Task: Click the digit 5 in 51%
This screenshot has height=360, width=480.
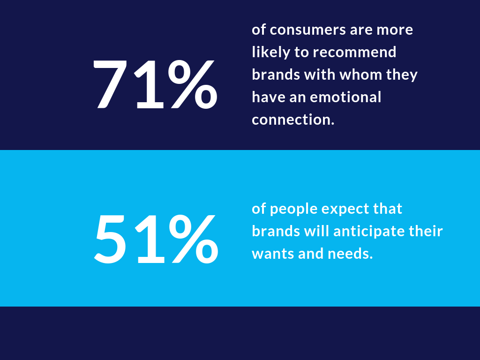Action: click(110, 239)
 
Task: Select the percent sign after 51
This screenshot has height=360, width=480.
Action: click(194, 239)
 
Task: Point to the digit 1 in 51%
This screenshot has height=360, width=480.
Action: click(150, 239)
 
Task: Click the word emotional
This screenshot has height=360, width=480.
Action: click(345, 97)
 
